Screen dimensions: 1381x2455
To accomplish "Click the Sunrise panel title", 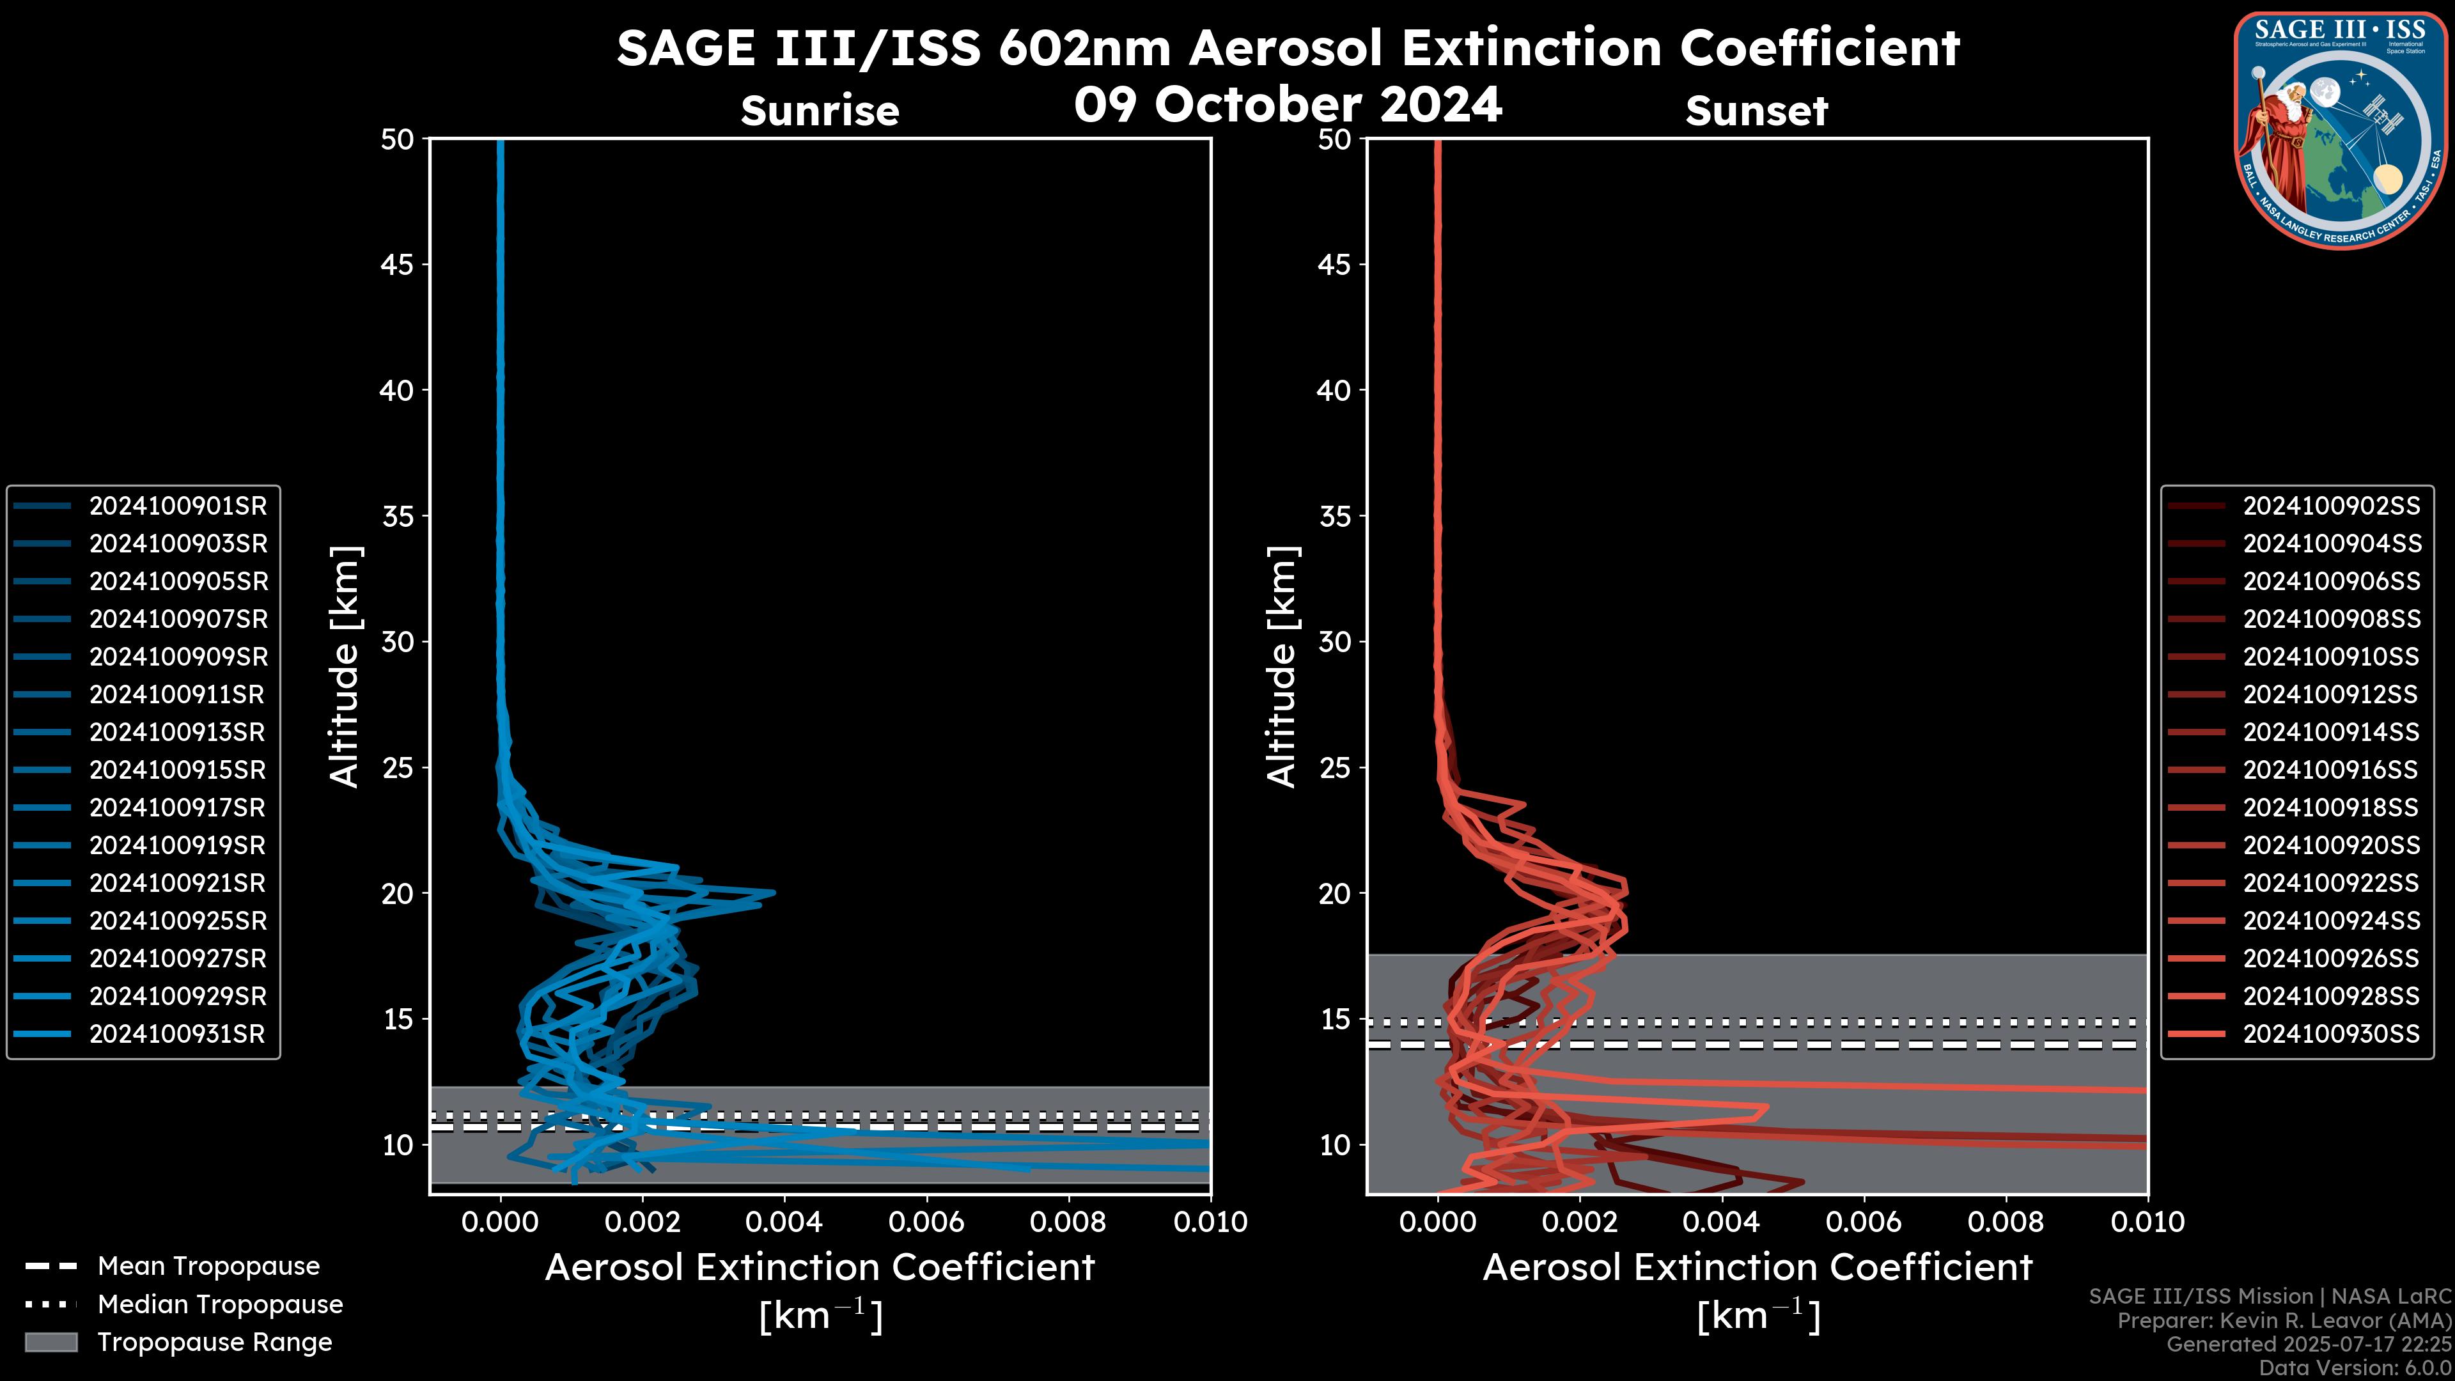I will pyautogui.click(x=820, y=111).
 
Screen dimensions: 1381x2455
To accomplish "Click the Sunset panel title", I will pyautogui.click(x=1756, y=111).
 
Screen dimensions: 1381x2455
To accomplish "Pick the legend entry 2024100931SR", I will pyautogui.click(x=177, y=1034).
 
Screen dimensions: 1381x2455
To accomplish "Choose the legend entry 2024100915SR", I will pyautogui.click(x=177, y=770).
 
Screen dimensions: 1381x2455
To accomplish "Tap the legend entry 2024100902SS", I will pyautogui.click(x=2331, y=506).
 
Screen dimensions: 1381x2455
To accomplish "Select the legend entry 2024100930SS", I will pyautogui.click(x=2331, y=1034).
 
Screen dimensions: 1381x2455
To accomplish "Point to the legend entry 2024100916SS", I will pyautogui.click(x=2330, y=770).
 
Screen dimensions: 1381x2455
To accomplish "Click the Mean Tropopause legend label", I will pyautogui.click(x=208, y=1267).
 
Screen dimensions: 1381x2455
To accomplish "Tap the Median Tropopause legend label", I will pyautogui.click(x=220, y=1305).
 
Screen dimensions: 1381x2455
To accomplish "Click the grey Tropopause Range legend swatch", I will pyautogui.click(x=51, y=1342).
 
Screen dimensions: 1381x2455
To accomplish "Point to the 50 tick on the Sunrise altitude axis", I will pyautogui.click(x=398, y=139).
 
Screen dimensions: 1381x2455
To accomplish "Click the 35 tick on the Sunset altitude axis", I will pyautogui.click(x=1336, y=517).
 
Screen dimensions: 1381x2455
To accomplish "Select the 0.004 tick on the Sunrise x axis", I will pyautogui.click(x=783, y=1222).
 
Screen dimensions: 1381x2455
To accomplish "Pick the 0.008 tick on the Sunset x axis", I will pyautogui.click(x=2006, y=1222).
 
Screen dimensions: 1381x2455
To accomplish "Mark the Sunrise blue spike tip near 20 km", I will pyautogui.click(x=774, y=893).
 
